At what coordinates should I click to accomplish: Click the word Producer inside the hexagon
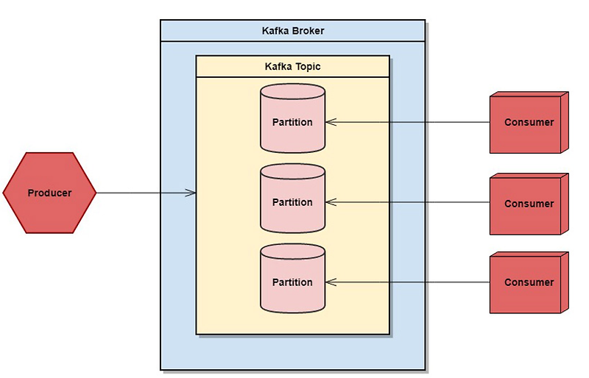coord(49,193)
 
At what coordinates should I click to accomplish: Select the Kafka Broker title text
coord(292,31)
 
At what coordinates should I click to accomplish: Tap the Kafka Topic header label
coord(292,67)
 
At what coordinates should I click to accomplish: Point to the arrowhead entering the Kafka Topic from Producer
coord(191,193)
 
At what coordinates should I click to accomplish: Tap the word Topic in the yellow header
coord(307,67)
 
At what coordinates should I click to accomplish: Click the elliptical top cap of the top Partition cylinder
coord(292,91)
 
